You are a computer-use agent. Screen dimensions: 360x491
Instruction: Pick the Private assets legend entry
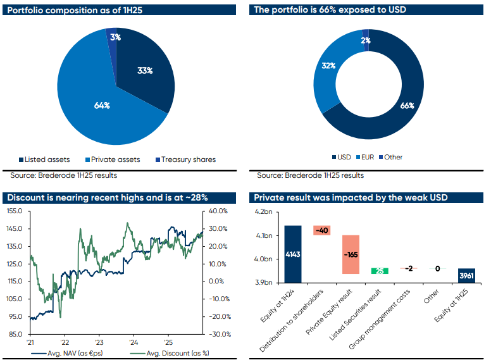click(111, 159)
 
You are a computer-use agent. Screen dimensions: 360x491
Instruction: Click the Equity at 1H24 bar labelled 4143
click(293, 254)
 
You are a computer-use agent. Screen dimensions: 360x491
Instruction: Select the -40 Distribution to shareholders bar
click(322, 230)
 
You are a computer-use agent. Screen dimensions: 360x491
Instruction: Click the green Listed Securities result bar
click(380, 271)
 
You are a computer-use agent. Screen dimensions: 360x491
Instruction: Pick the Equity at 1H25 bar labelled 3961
click(466, 276)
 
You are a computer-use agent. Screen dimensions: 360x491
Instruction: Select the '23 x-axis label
click(99, 340)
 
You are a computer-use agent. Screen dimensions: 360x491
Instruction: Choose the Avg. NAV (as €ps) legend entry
click(66, 353)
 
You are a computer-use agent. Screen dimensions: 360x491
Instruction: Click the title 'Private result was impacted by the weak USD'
click(351, 197)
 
